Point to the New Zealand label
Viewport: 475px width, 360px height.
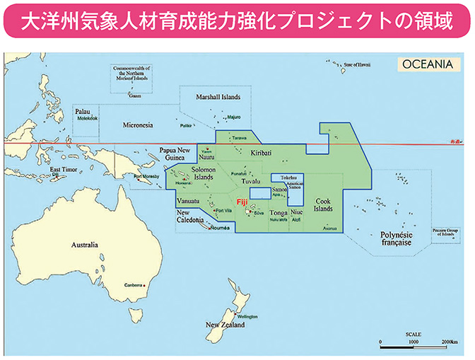(x=225, y=325)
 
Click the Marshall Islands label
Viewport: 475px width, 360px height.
(x=220, y=97)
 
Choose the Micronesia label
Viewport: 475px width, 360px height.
(x=138, y=125)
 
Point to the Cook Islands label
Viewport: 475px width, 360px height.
(x=322, y=204)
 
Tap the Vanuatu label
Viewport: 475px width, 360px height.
(x=187, y=201)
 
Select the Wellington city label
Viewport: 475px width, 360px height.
(x=248, y=315)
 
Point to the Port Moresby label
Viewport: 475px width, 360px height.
(x=147, y=177)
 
